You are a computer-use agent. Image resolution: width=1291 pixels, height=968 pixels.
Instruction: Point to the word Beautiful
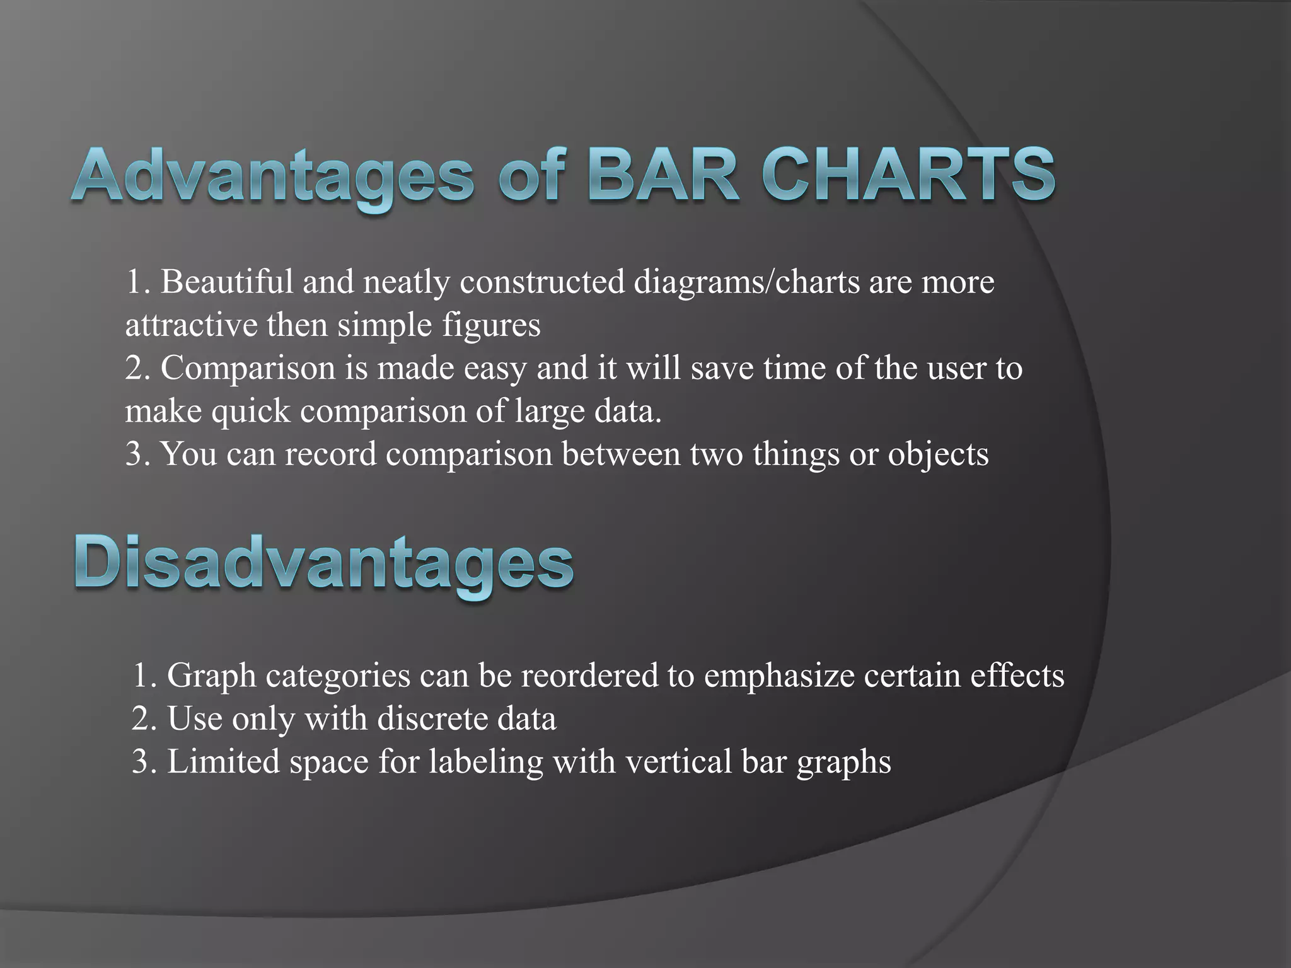227,282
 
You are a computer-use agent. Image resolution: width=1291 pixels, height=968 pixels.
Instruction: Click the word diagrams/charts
746,282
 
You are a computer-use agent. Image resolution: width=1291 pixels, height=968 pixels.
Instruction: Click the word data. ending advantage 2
628,411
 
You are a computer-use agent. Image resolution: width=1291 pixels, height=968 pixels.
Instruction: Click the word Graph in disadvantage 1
211,676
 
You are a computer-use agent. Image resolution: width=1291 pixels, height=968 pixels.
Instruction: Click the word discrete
432,718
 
